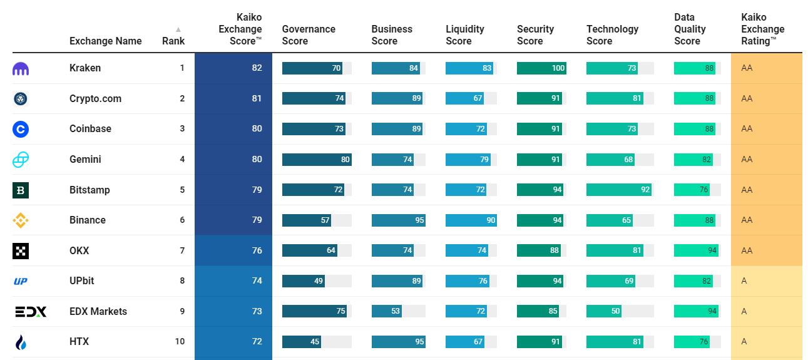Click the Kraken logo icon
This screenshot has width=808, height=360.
click(x=21, y=68)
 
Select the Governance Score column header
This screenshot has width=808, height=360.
click(x=309, y=35)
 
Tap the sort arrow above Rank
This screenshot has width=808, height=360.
click(x=178, y=29)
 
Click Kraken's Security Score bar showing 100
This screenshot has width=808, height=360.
click(x=541, y=68)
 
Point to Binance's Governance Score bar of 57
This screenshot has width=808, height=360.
click(x=306, y=220)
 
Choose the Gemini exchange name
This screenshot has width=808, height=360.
click(x=85, y=160)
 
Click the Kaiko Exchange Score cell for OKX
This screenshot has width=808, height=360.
click(x=233, y=250)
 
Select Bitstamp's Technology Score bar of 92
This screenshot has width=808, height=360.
click(x=618, y=190)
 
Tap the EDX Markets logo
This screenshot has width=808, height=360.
click(x=31, y=311)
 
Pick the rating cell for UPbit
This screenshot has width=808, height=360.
click(x=766, y=281)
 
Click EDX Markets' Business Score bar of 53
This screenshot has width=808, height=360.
click(x=386, y=311)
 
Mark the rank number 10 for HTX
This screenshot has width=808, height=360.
click(x=180, y=342)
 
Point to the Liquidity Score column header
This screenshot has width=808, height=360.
click(x=465, y=35)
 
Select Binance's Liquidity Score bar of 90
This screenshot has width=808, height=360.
click(x=471, y=220)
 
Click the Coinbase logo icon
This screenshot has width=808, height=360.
click(x=21, y=129)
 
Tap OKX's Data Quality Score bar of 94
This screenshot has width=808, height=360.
click(x=696, y=250)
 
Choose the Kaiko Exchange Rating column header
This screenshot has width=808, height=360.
click(x=762, y=29)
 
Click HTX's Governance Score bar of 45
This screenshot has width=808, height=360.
click(x=303, y=342)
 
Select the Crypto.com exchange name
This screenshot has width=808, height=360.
click(x=95, y=99)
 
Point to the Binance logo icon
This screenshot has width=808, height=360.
click(x=21, y=220)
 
